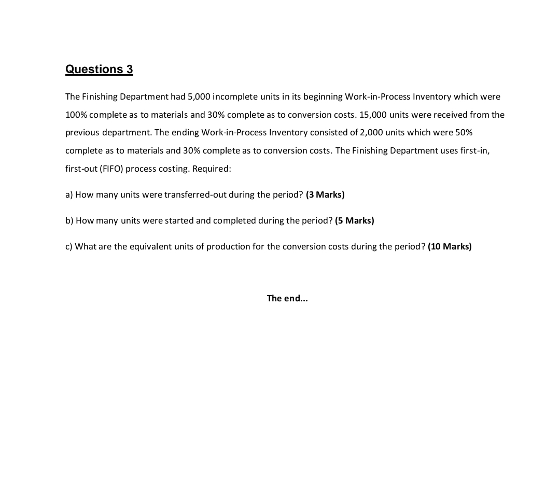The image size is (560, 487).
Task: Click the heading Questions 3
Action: (x=99, y=69)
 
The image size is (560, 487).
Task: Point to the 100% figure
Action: (x=76, y=115)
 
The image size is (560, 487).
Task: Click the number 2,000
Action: (x=371, y=132)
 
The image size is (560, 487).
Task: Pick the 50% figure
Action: (x=464, y=132)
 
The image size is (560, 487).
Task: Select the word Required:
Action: (x=212, y=169)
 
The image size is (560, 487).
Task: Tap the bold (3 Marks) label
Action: (x=325, y=194)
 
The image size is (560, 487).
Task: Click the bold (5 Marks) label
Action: (x=355, y=220)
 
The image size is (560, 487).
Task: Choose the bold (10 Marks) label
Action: (x=450, y=246)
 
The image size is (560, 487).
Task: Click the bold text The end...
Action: (x=287, y=298)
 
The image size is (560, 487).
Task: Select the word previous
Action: (x=82, y=132)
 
